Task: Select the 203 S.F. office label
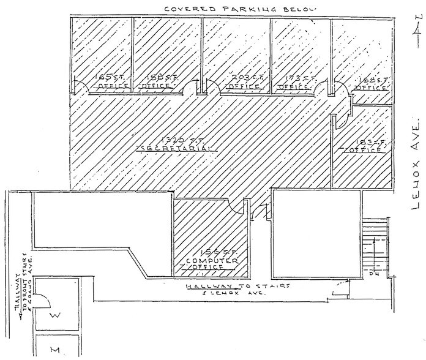click(241, 81)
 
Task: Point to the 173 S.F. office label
click(293, 81)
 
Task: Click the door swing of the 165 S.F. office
click(78, 86)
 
